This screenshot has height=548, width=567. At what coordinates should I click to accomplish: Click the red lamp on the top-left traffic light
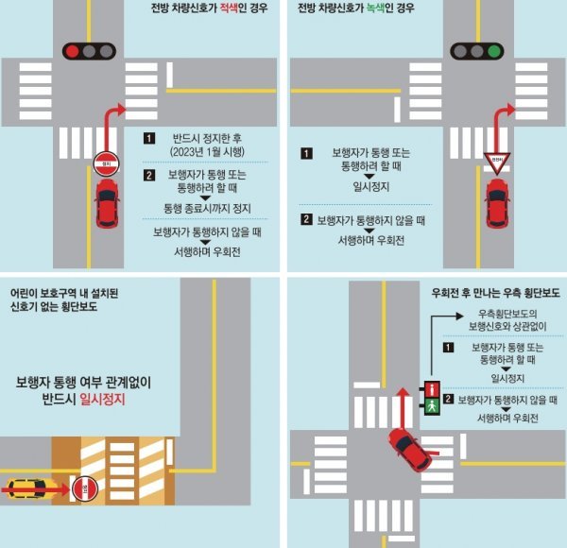(x=73, y=51)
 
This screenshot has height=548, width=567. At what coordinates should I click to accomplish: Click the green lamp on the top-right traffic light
(x=494, y=51)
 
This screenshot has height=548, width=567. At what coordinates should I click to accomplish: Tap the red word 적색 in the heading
(x=229, y=8)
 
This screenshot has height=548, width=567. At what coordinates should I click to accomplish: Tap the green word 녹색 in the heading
(x=375, y=8)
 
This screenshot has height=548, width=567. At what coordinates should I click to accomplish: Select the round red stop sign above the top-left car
(x=106, y=163)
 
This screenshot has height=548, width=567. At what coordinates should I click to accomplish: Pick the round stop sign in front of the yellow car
(x=85, y=488)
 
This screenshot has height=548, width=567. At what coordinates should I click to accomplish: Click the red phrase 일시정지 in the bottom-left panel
(x=102, y=399)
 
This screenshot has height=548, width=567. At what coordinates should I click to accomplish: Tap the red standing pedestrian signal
(x=432, y=389)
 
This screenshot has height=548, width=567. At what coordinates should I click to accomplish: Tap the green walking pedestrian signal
(x=432, y=406)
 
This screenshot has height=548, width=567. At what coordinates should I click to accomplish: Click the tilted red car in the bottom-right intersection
(x=410, y=450)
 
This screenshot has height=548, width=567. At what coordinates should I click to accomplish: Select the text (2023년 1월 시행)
(x=207, y=152)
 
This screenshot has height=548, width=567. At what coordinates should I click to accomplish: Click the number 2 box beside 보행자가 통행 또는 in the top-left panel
(x=149, y=176)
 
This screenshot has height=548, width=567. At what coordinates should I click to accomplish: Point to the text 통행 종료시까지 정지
(x=207, y=209)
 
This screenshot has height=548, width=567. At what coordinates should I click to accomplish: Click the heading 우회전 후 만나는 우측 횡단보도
(x=495, y=293)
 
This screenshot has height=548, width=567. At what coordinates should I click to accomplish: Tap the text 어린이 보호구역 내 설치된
(x=64, y=293)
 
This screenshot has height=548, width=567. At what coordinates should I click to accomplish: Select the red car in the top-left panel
(x=107, y=203)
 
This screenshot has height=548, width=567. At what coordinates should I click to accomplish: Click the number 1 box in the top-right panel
(x=306, y=153)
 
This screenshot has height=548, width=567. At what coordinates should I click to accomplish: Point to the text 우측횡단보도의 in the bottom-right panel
(x=507, y=314)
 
